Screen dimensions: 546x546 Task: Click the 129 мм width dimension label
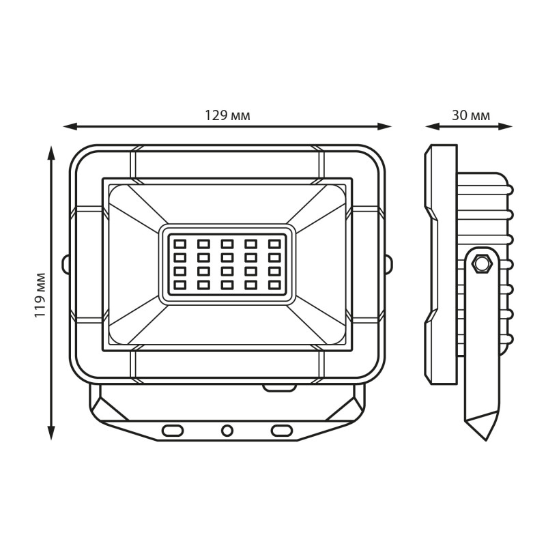(x=227, y=115)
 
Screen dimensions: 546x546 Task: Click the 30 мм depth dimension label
(x=471, y=115)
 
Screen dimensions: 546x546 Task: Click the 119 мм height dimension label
(x=40, y=295)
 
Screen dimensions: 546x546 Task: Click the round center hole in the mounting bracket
(x=227, y=431)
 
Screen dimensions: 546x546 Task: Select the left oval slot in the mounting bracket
(x=173, y=431)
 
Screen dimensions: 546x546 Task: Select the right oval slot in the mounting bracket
(x=282, y=431)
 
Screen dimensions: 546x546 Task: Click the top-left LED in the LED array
(x=179, y=244)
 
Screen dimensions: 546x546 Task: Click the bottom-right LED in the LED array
(x=274, y=285)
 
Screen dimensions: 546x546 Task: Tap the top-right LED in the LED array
(x=274, y=244)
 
